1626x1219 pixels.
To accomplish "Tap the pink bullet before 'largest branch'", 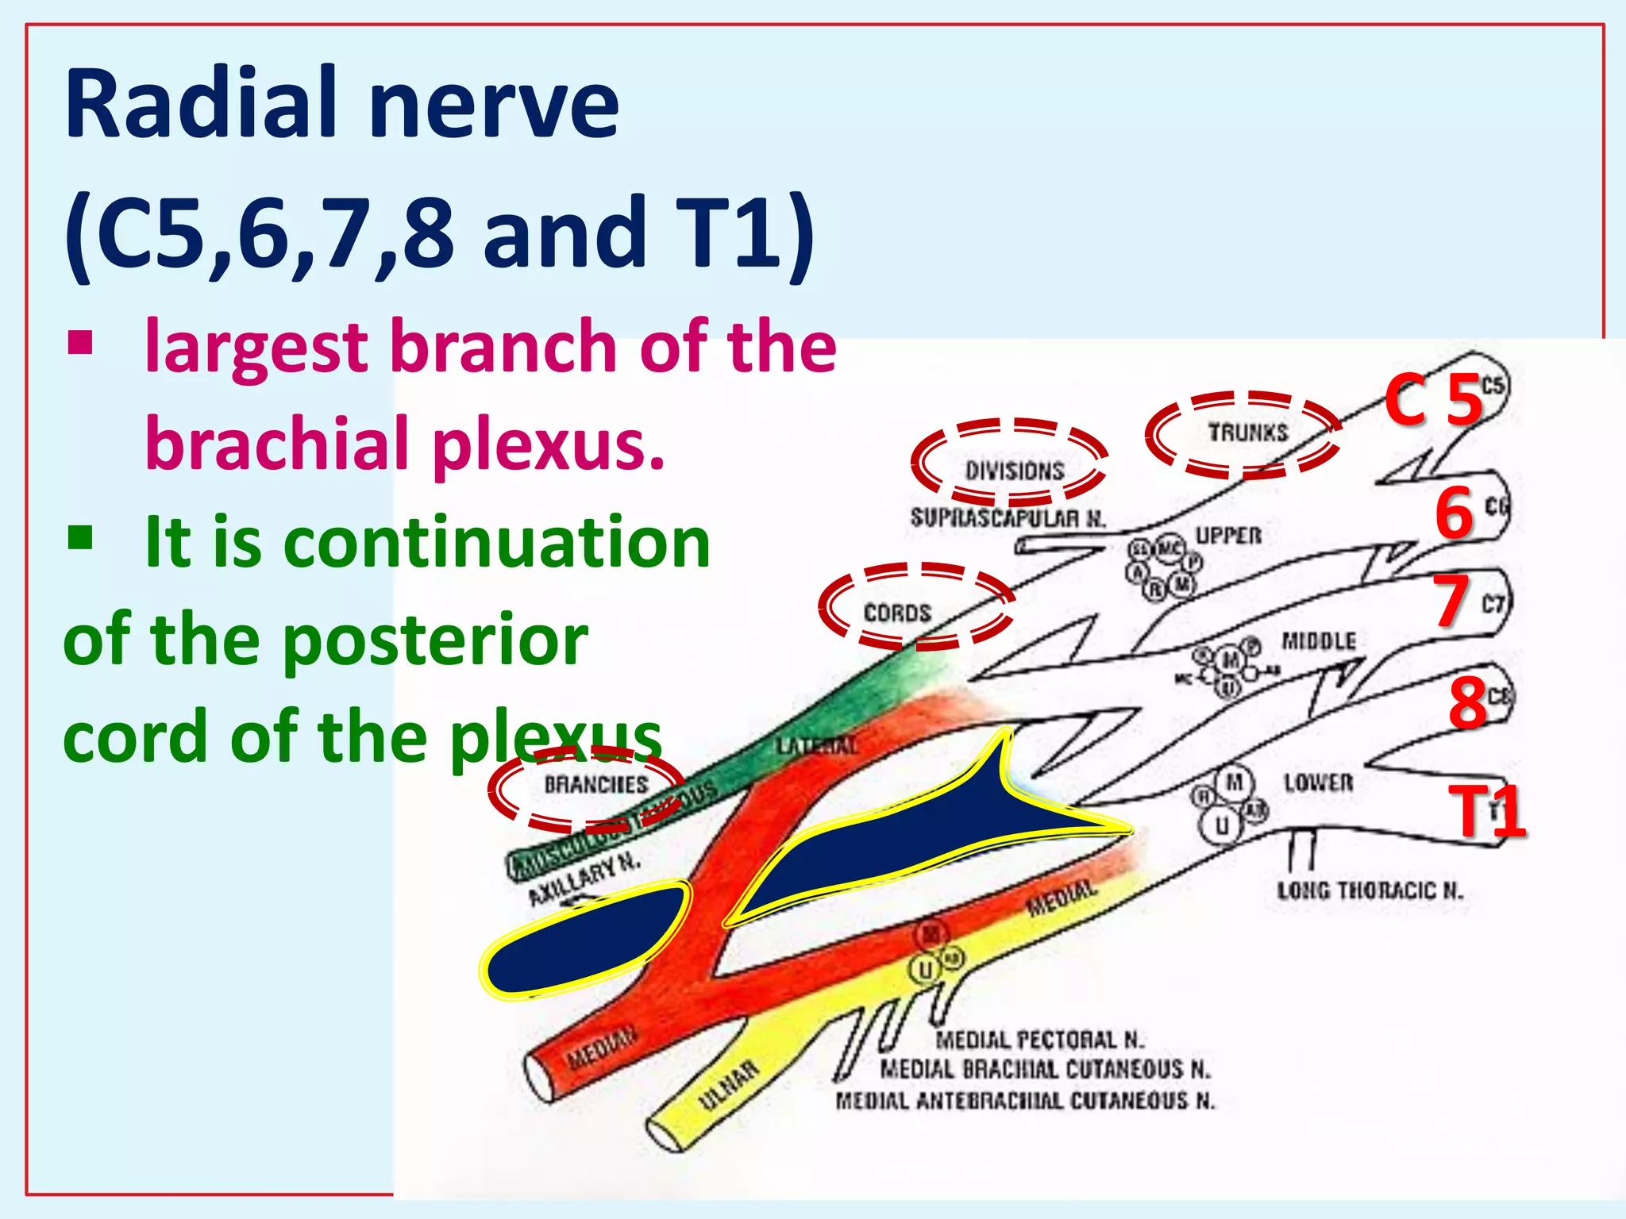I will [x=80, y=343].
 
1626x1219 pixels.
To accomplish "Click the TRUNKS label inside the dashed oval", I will [x=1247, y=433].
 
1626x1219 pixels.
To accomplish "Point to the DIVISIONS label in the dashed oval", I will [x=1014, y=471].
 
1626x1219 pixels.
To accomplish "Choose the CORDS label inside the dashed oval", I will [x=897, y=613].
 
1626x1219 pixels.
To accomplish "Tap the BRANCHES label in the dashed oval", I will [x=595, y=784].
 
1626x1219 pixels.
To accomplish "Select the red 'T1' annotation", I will [x=1486, y=811].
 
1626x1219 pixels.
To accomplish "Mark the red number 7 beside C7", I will [x=1452, y=601].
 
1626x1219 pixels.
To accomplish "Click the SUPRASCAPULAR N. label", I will [x=1008, y=518].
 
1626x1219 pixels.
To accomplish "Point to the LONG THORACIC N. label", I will [x=1370, y=890].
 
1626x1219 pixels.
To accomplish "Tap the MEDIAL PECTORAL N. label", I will [x=1039, y=1039].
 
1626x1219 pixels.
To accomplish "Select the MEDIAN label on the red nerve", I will [x=601, y=1048].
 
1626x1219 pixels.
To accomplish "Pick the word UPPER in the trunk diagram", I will [x=1228, y=536].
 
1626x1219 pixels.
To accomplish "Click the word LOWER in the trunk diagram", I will [x=1318, y=783].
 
